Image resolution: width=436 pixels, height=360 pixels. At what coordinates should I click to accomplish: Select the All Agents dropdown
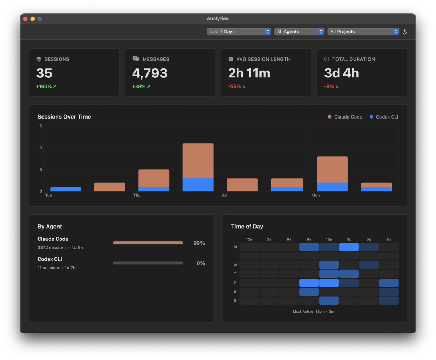coord(299,32)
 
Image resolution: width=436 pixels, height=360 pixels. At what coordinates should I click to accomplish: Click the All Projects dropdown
coord(363,32)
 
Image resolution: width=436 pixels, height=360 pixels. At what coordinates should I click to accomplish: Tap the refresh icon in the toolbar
coord(405,32)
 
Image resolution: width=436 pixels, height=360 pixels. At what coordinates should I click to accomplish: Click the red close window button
coord(25,19)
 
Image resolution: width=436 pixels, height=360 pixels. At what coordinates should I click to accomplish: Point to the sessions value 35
coord(44,73)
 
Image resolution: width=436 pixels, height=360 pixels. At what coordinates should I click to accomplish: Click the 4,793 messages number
coord(150,73)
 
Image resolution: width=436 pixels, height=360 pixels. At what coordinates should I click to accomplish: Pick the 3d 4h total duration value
coord(341,73)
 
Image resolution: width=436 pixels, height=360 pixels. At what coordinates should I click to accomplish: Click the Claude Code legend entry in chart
coord(345,117)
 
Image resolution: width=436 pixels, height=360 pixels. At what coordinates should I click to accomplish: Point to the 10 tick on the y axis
coord(40,148)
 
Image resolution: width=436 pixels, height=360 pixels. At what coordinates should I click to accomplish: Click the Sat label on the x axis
coord(225,196)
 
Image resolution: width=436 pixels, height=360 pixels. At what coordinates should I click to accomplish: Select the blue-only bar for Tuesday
coord(65,189)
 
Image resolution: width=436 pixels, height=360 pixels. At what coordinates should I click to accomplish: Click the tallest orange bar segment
coord(198,161)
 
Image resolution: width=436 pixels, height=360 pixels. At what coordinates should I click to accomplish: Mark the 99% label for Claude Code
coord(199,243)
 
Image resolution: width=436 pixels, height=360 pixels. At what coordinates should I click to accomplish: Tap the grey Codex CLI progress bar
coord(148,263)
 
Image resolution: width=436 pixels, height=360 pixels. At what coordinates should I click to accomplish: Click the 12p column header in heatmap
coord(329,239)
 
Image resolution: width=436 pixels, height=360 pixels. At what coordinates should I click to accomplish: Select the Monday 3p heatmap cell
coord(349,247)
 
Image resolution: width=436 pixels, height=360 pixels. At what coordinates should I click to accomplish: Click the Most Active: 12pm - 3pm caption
coord(314,312)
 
